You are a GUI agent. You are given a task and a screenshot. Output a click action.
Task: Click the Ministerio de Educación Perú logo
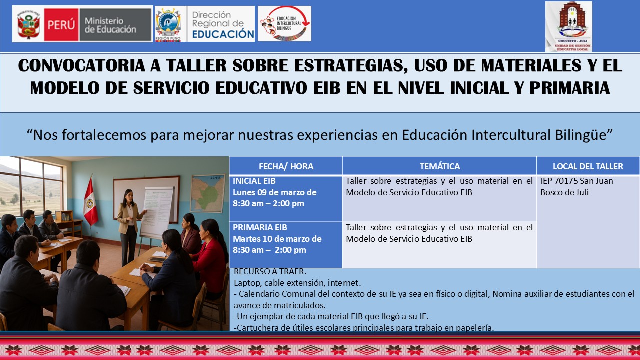click(82, 24)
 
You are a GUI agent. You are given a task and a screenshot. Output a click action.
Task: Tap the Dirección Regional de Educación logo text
click(223, 24)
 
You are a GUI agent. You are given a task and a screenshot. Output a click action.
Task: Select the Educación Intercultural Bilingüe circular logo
click(284, 23)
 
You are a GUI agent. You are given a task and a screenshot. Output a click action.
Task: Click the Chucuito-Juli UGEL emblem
click(568, 26)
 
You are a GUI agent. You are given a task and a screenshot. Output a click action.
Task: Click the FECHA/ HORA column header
click(286, 166)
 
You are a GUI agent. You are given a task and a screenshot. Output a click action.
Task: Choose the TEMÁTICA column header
click(439, 166)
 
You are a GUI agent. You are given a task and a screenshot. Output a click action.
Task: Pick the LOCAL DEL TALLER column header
click(588, 166)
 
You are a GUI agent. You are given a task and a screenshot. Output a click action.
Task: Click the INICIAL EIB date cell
click(286, 198)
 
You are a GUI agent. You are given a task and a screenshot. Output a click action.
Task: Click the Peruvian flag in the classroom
click(90, 201)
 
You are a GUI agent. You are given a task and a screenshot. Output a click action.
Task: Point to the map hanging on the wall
click(207, 193)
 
